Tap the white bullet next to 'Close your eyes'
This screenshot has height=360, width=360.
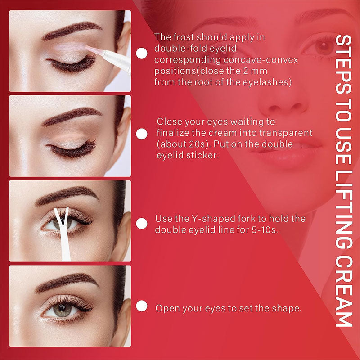[141, 134]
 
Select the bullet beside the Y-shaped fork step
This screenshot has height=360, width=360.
[141, 224]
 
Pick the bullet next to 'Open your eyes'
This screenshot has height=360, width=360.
[141, 307]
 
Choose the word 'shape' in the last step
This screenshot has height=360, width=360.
[287, 309]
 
